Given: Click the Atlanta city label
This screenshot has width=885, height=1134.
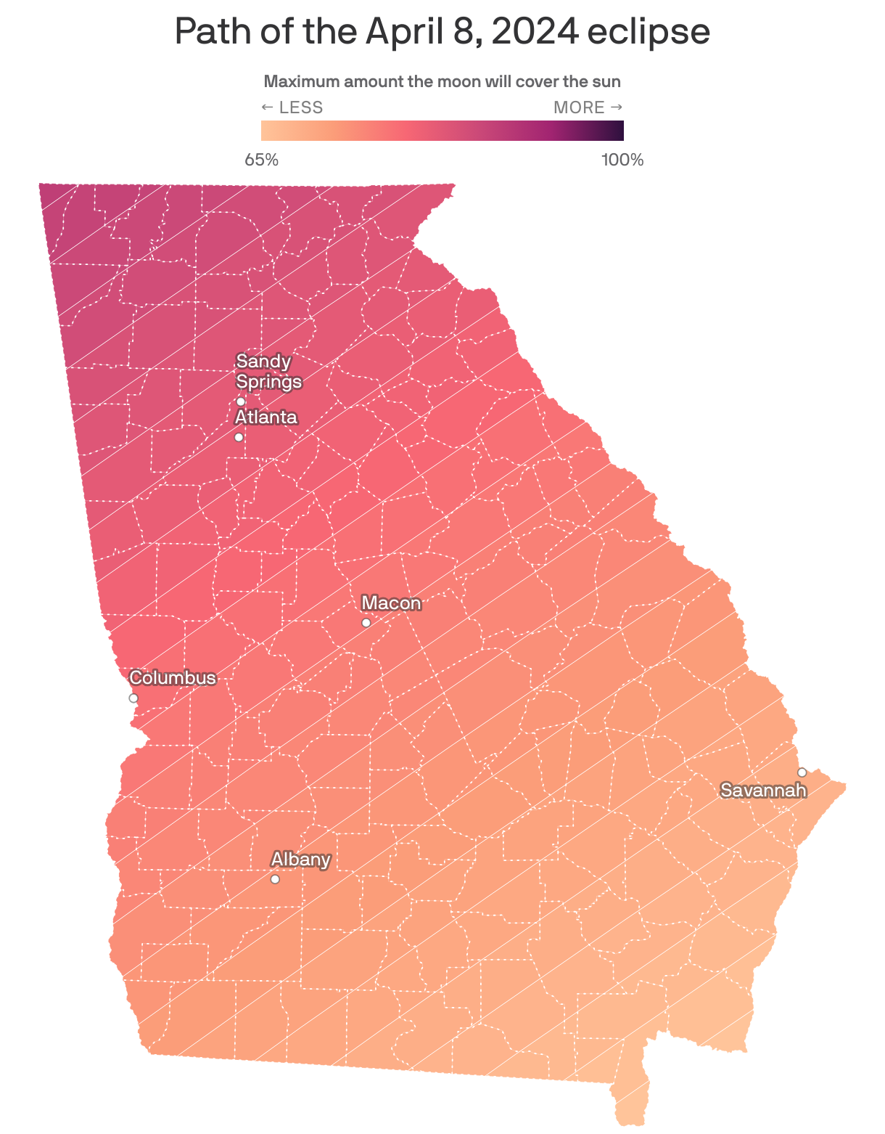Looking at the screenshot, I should pyautogui.click(x=266, y=417).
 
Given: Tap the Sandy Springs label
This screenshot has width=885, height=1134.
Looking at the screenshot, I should pyautogui.click(x=268, y=371).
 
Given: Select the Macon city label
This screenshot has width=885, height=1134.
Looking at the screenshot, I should pyautogui.click(x=391, y=603).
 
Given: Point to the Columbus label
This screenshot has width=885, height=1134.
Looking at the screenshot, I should pyautogui.click(x=173, y=678).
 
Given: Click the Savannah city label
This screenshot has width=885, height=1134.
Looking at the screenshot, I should pyautogui.click(x=763, y=791).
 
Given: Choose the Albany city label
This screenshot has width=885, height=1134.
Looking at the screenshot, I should pyautogui.click(x=300, y=860).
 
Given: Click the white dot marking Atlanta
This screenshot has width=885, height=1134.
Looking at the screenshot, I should pyautogui.click(x=239, y=437).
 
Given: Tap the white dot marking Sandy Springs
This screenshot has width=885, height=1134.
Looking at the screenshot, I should pyautogui.click(x=241, y=401).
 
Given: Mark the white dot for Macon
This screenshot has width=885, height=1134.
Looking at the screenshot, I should pyautogui.click(x=366, y=623).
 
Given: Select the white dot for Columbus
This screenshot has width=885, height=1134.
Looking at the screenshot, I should pyautogui.click(x=133, y=698).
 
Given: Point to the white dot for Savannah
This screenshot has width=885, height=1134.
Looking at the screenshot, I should pyautogui.click(x=802, y=772).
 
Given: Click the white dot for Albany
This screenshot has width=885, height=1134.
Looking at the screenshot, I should pyautogui.click(x=275, y=879).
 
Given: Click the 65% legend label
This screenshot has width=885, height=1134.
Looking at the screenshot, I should pyautogui.click(x=262, y=160).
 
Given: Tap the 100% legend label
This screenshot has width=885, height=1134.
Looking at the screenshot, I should pyautogui.click(x=622, y=160).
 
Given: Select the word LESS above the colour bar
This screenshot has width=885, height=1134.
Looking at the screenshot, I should pyautogui.click(x=300, y=107).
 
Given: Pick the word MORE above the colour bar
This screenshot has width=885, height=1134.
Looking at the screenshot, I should pyautogui.click(x=579, y=107).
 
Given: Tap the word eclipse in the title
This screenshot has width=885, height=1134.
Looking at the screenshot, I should pyautogui.click(x=649, y=32).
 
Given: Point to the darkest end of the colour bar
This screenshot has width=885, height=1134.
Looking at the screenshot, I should pyautogui.click(x=618, y=131).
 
